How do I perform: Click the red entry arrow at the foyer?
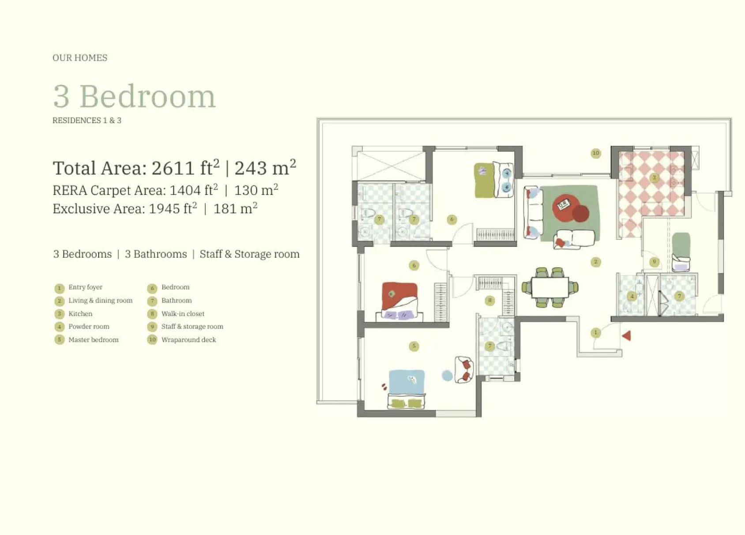[x=627, y=335]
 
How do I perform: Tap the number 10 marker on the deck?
[x=596, y=153]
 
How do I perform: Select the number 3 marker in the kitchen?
[x=654, y=177]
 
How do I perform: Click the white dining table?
[x=550, y=287]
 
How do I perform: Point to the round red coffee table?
[x=568, y=206]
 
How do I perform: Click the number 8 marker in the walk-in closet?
[x=489, y=301]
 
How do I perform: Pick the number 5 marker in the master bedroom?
[x=414, y=346]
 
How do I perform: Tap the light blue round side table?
[x=448, y=376]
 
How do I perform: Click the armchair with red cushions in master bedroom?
[x=464, y=369]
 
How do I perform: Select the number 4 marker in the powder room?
[x=632, y=296]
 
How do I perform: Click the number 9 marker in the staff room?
[x=654, y=261]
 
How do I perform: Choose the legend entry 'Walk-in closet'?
[x=183, y=314]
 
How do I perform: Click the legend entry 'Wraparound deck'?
[x=188, y=340]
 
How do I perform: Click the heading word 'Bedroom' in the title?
[x=148, y=97]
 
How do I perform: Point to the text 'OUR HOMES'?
[x=80, y=58]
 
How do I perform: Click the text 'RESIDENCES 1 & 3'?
[x=87, y=121]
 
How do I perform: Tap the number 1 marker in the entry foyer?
[x=595, y=332]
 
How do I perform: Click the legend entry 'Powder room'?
[x=89, y=326]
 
